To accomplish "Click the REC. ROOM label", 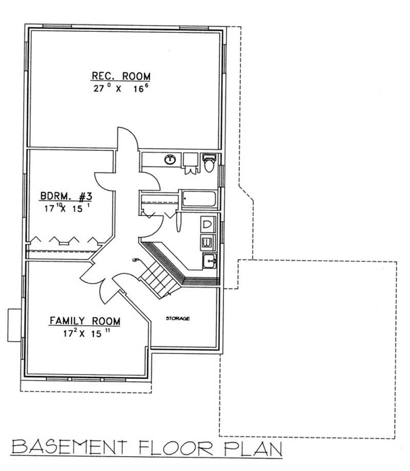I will [121, 76].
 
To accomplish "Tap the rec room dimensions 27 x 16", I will [121, 88].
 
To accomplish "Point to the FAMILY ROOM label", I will [85, 321].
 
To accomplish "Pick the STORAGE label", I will [177, 319].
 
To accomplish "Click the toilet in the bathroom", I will [209, 163].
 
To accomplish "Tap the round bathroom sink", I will [170, 160].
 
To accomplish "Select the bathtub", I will [199, 199].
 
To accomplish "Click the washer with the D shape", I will [208, 224].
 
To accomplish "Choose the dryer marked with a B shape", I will [208, 242].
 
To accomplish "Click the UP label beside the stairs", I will [136, 260].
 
